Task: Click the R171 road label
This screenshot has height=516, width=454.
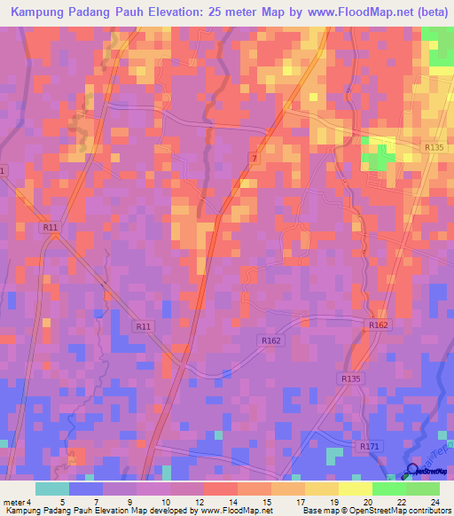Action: click(x=370, y=446)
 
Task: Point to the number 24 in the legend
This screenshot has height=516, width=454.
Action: click(x=434, y=502)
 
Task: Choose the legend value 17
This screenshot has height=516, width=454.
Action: click(x=300, y=502)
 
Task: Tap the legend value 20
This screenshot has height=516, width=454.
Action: click(x=367, y=502)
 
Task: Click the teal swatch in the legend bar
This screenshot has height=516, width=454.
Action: click(x=52, y=489)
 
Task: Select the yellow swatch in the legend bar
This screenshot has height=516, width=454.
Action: click(x=355, y=489)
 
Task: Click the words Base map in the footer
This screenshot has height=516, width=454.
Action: click(x=322, y=511)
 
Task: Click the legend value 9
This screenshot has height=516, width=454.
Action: click(x=131, y=502)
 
